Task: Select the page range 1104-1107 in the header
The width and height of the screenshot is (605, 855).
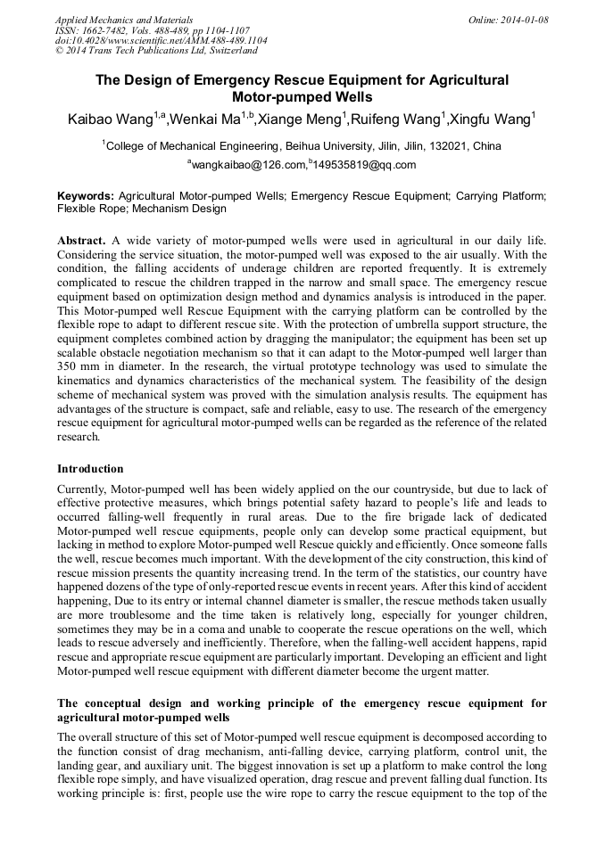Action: [218, 30]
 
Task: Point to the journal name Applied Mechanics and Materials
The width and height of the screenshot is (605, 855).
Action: [124, 19]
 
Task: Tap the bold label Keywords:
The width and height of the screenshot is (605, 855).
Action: [86, 195]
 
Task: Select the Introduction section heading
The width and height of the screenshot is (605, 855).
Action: [90, 468]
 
